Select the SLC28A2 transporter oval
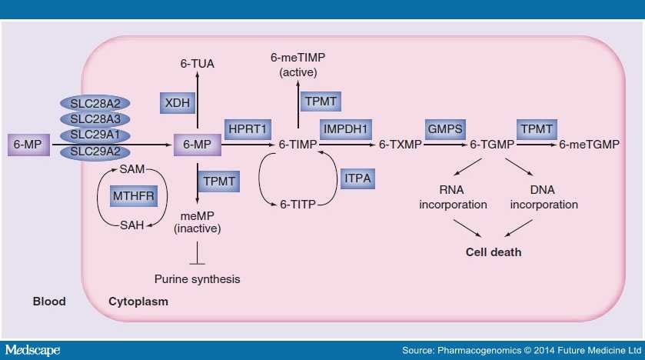(96, 104)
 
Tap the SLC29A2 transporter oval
(96, 152)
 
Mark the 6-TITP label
(295, 204)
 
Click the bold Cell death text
(494, 252)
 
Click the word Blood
(48, 302)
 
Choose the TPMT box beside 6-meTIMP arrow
(321, 102)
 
